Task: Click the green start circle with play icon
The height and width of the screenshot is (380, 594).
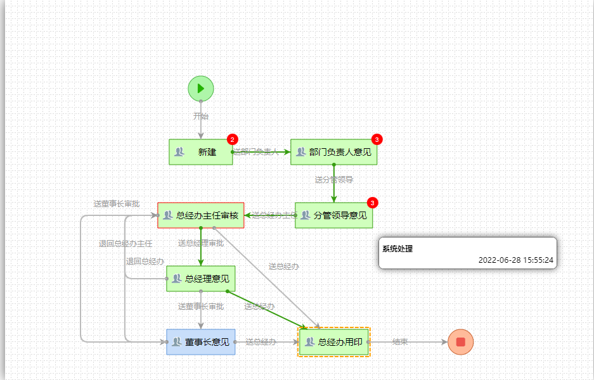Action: click(201, 88)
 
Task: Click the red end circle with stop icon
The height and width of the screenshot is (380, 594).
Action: click(460, 342)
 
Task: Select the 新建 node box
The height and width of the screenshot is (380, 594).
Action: click(200, 152)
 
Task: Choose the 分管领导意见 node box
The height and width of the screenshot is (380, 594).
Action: click(333, 215)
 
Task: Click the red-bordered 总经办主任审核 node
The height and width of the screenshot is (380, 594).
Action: click(200, 215)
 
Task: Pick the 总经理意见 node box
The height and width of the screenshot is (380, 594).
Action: click(200, 279)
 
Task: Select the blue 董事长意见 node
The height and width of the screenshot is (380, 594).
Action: click(200, 342)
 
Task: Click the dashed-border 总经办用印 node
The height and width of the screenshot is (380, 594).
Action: click(334, 342)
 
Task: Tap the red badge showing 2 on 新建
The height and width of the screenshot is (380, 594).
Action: click(233, 139)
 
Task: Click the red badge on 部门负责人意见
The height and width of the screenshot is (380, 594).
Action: click(377, 139)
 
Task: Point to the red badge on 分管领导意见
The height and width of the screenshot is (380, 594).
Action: click(372, 203)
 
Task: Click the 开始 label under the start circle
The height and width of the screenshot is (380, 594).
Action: click(201, 117)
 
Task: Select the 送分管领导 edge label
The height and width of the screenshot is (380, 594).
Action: click(334, 180)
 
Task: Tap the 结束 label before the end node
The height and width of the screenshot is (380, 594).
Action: click(400, 342)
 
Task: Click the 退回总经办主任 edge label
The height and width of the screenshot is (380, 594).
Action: click(126, 244)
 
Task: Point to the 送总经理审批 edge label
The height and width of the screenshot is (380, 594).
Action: click(200, 243)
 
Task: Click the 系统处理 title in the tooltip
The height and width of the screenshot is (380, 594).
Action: click(397, 249)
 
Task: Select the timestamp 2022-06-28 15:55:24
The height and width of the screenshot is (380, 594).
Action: click(516, 260)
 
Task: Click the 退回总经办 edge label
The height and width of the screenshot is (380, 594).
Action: click(145, 262)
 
